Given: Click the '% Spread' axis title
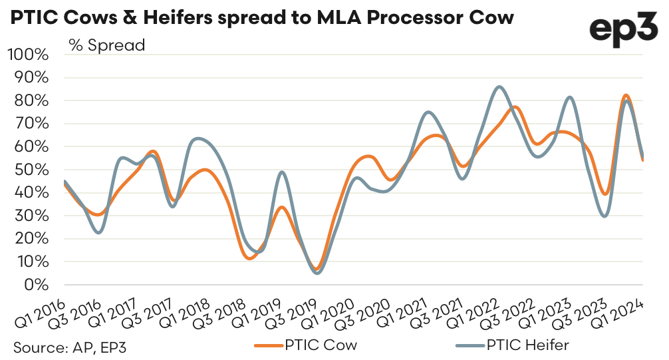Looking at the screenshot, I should click(106, 46).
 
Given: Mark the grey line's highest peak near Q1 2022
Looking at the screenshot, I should click(500, 87).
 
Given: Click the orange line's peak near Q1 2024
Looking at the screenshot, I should click(625, 95).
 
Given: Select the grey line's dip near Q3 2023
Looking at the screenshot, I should click(604, 216).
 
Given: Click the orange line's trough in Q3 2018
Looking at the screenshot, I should click(250, 258).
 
